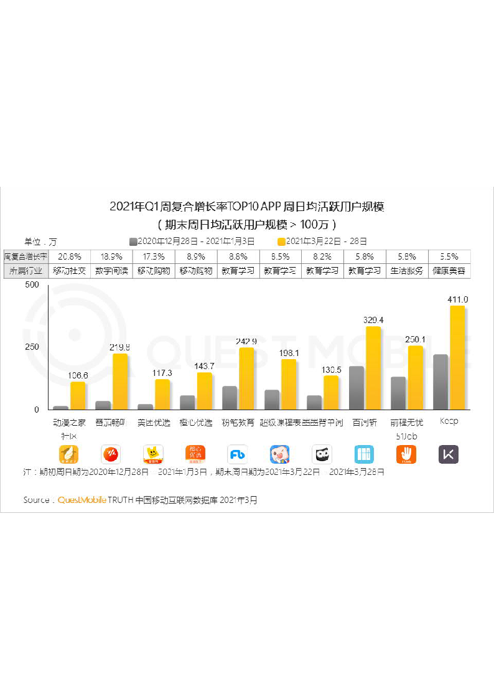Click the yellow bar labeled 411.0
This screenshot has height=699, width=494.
pyautogui.click(x=457, y=357)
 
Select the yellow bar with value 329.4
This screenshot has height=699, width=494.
pyautogui.click(x=373, y=368)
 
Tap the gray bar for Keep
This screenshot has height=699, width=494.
pyautogui.click(x=440, y=382)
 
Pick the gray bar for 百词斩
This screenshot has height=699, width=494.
pyautogui.click(x=357, y=388)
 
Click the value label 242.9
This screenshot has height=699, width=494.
pyautogui.click(x=246, y=341)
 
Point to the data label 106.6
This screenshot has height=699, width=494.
pyautogui.click(x=77, y=375)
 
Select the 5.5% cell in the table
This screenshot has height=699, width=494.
pyautogui.click(x=449, y=256)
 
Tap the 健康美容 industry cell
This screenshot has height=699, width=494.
pyautogui.click(x=449, y=271)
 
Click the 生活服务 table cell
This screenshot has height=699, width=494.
pyautogui.click(x=407, y=271)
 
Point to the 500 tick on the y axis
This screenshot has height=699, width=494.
pyautogui.click(x=32, y=284)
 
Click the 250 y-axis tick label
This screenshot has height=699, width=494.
pyautogui.click(x=32, y=347)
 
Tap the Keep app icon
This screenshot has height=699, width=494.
pyautogui.click(x=449, y=454)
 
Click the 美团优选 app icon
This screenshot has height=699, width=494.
pyautogui.click(x=153, y=454)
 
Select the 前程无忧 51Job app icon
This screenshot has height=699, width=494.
pyautogui.click(x=406, y=454)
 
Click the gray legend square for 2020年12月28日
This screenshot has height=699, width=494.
pyautogui.click(x=133, y=242)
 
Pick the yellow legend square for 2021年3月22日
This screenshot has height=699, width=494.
pyautogui.click(x=281, y=242)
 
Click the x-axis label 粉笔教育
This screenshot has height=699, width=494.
pyautogui.click(x=238, y=423)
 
